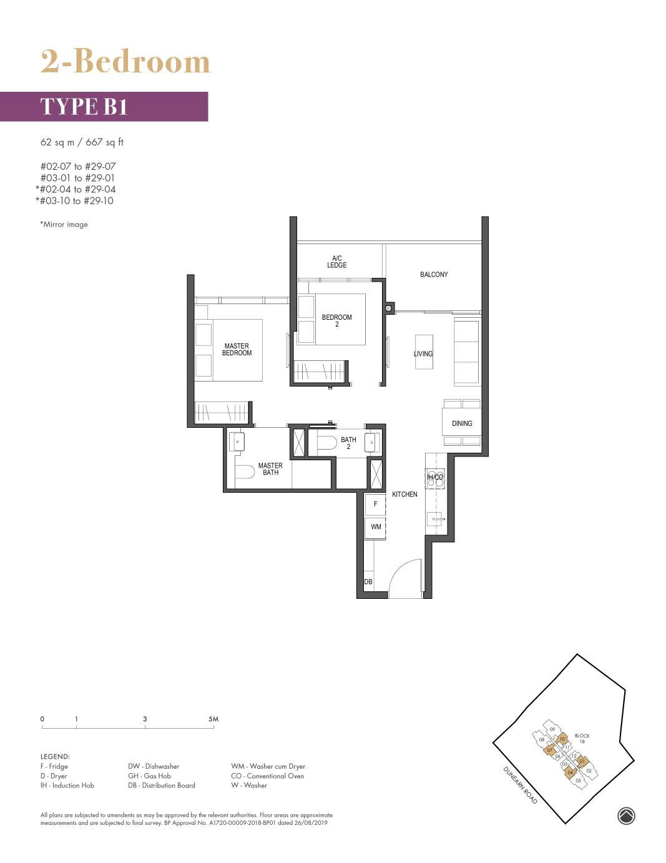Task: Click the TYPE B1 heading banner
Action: [x=104, y=107]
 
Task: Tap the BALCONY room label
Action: [x=434, y=275]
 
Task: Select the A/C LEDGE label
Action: [x=337, y=262]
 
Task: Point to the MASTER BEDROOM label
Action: [x=237, y=350]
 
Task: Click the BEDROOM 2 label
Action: [x=337, y=320]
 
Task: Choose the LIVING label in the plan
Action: [x=423, y=354]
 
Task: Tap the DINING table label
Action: [x=462, y=423]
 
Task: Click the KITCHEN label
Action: [x=404, y=495]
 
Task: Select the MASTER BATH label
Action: [x=270, y=469]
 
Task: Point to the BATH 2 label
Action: [x=348, y=443]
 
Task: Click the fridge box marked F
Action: [x=375, y=504]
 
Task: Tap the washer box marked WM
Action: [x=376, y=527]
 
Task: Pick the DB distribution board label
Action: [x=368, y=582]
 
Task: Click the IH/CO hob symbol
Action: [x=435, y=478]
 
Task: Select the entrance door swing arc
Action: [x=406, y=578]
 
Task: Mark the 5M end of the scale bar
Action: [x=213, y=719]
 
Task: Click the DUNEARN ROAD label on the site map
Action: [x=519, y=785]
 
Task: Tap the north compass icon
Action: [x=626, y=816]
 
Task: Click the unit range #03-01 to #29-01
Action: [x=77, y=178]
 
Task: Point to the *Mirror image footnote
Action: [x=64, y=225]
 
